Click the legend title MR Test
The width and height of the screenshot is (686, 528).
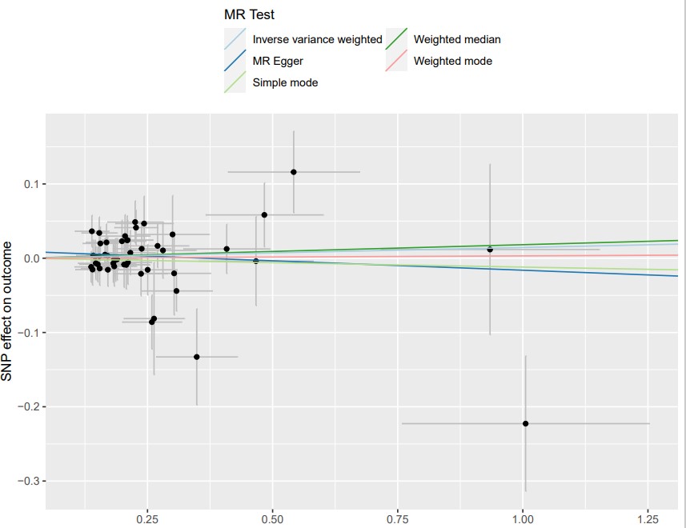point(251,15)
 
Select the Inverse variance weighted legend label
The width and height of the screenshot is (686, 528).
point(317,39)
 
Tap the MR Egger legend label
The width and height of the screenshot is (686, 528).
point(278,61)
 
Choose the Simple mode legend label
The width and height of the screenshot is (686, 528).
point(285,82)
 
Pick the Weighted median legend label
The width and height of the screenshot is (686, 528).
point(457,39)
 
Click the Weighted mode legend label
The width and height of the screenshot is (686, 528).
point(452,61)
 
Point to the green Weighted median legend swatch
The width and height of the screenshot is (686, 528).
point(396,39)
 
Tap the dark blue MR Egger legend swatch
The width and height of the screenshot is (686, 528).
point(235,61)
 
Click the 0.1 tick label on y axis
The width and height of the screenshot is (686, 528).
point(30,184)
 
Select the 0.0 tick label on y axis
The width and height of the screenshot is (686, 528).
point(30,258)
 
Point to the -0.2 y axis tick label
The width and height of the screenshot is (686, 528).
point(29,406)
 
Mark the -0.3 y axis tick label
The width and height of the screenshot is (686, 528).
point(29,481)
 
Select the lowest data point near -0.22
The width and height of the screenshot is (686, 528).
point(525,423)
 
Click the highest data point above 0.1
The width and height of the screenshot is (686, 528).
point(294,172)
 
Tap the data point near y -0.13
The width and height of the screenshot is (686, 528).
point(197,357)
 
